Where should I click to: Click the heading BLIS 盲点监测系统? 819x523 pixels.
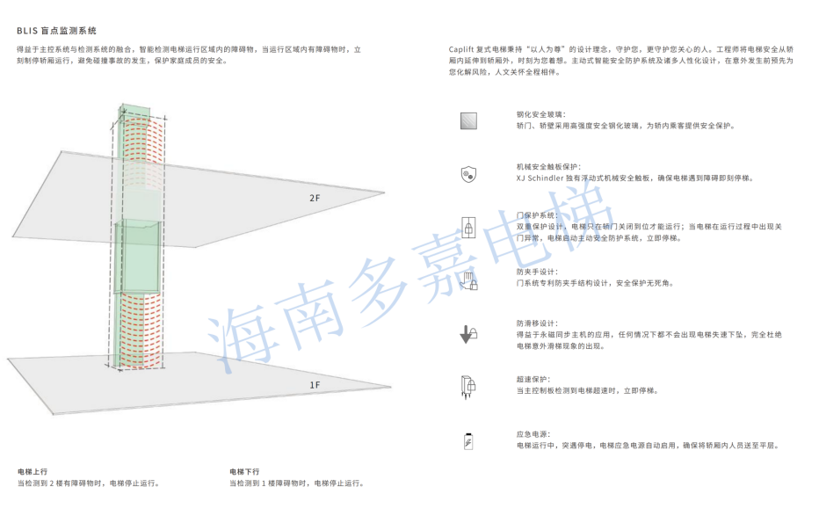click(56, 30)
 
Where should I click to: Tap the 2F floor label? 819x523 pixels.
click(315, 198)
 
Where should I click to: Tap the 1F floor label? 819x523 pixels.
click(315, 385)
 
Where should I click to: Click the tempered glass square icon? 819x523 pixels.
click(468, 121)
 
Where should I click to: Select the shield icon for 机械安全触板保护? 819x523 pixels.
click(468, 174)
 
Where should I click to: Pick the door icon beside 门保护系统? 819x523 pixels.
click(468, 227)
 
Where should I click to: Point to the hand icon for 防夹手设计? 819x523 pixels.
click(468, 280)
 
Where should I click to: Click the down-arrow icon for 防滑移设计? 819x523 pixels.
click(467, 334)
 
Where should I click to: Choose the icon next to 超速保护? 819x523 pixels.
click(468, 387)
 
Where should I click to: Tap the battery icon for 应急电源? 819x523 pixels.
click(468, 440)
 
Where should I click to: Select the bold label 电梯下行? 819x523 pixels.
click(244, 472)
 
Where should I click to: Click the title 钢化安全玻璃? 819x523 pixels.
click(541, 114)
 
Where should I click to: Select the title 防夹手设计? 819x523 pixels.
click(536, 272)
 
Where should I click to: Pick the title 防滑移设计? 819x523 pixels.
click(536, 323)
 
